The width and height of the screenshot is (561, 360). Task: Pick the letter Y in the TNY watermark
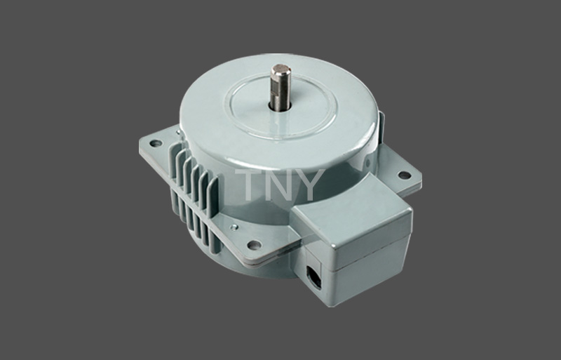pyautogui.click(x=309, y=185)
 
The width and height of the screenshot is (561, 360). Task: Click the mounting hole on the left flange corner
pyautogui.click(x=156, y=143)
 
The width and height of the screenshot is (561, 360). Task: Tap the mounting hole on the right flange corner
pyautogui.click(x=405, y=175)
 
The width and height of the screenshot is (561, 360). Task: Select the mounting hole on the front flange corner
pyautogui.click(x=254, y=245)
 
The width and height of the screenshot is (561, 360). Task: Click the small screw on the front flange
pyautogui.click(x=234, y=227)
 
